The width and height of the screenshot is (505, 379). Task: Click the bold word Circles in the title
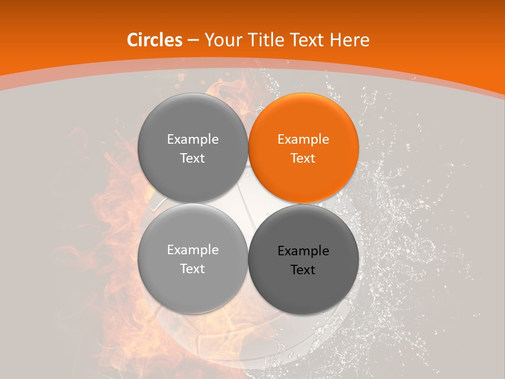point(154,40)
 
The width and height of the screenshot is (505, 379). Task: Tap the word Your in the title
point(222,40)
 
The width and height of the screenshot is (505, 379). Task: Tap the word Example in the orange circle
point(303,139)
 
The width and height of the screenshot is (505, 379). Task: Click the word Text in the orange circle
point(303,158)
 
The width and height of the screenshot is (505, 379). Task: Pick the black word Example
point(303,251)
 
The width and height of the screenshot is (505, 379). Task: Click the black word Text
point(303,270)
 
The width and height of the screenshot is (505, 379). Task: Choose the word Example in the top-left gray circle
point(193,139)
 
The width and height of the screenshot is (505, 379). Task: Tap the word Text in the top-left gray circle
point(193,158)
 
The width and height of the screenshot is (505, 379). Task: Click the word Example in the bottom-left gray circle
point(193,250)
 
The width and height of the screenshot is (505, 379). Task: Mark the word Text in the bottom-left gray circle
point(193,269)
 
